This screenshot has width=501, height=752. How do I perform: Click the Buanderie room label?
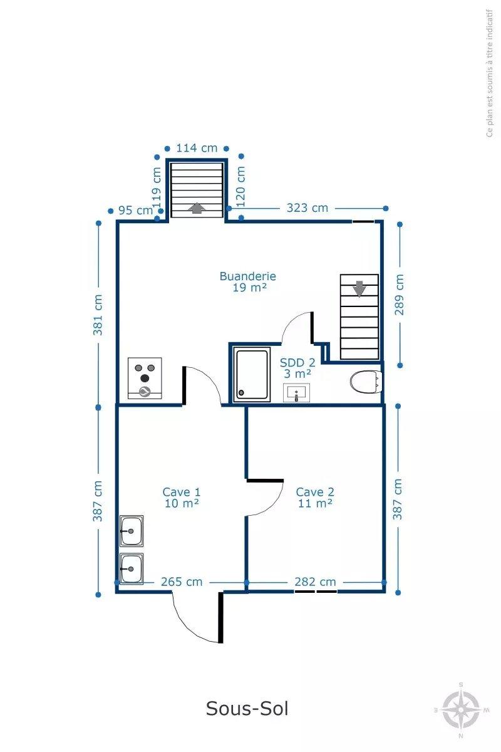point(248,281)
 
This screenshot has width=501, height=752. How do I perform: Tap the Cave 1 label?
point(182,498)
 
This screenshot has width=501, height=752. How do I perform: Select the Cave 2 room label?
point(315,498)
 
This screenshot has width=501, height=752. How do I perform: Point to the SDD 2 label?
point(297,368)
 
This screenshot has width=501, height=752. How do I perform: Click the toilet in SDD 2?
point(366,382)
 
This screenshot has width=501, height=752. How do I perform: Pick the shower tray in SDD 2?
point(252,375)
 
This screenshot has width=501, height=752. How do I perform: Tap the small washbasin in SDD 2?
point(296,393)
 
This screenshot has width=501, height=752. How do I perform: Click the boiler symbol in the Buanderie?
point(145,378)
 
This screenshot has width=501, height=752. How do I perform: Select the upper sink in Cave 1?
point(132,531)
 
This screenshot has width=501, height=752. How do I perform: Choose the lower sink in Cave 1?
point(132,569)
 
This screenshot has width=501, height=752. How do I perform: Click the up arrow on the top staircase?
point(197,208)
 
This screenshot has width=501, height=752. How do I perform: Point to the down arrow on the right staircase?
point(359,289)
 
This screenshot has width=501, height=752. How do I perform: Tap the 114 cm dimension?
point(197,148)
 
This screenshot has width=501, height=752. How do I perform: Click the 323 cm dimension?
point(307,208)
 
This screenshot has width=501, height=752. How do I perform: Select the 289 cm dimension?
point(400,295)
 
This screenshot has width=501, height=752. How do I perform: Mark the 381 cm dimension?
point(98,315)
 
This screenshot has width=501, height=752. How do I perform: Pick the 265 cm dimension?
point(182,582)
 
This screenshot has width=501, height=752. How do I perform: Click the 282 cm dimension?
point(315,582)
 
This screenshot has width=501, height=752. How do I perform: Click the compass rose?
point(461,709)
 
